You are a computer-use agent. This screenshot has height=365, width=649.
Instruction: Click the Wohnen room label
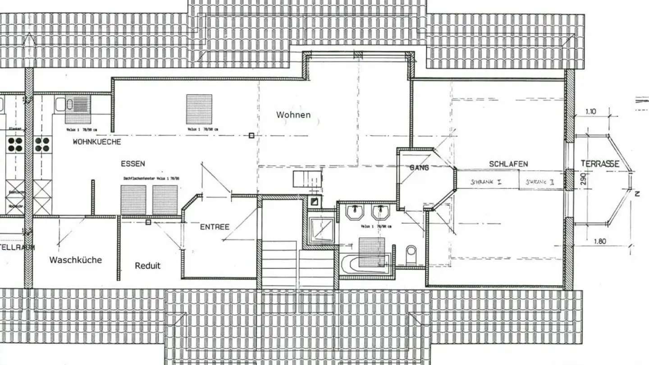click(x=293, y=115)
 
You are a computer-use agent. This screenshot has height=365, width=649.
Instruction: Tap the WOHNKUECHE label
click(x=96, y=142)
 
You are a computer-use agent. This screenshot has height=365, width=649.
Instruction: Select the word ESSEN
click(x=133, y=164)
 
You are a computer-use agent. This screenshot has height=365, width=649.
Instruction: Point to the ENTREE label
click(x=215, y=227)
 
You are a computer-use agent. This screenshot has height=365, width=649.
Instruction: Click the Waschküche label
click(x=75, y=260)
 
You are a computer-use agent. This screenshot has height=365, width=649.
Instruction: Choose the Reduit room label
click(x=147, y=266)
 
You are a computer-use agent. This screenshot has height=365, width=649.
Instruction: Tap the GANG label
click(x=419, y=168)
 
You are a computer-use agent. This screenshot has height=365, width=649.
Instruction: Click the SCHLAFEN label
click(x=508, y=164)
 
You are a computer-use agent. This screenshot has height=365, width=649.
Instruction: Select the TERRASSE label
click(x=599, y=164)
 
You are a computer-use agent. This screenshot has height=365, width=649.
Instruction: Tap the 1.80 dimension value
click(x=599, y=241)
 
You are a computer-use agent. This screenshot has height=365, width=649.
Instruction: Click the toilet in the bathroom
click(x=411, y=255)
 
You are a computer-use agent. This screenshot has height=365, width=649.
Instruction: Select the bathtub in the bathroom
click(x=365, y=265)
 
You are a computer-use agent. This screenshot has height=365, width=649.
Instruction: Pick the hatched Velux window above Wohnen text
click(x=199, y=109)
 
